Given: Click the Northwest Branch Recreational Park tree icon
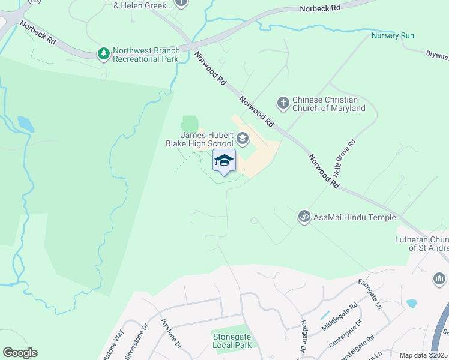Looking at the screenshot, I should coord(104,55).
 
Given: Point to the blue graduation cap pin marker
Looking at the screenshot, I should coord(224,161).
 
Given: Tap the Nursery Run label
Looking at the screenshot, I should coord(393,36).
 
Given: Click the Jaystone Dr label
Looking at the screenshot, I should coord(169,334).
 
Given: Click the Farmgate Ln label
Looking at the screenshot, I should coord(370,290).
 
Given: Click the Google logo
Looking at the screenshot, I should coord(20,353).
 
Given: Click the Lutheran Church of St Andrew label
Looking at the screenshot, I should coord(428,243).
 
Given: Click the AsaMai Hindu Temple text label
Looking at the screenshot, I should coord(354,217).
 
